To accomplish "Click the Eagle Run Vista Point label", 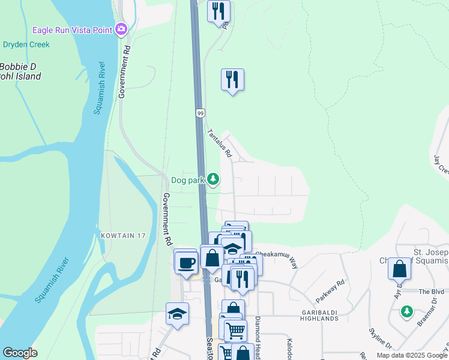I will pyautogui.click(x=73, y=29).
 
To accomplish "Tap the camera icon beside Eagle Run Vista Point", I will pyautogui.click(x=122, y=28).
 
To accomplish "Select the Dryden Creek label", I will pyautogui.click(x=26, y=44).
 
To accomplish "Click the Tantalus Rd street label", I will pyautogui.click(x=219, y=143).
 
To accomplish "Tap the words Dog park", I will pyautogui.click(x=188, y=179).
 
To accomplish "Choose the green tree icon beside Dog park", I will pyautogui.click(x=212, y=179).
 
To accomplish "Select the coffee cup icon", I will pyautogui.click(x=187, y=262).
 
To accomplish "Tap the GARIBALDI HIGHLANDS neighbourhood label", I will pyautogui.click(x=312, y=314).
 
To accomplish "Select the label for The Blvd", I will pyautogui.click(x=430, y=291).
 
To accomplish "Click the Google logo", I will pyautogui.click(x=20, y=353).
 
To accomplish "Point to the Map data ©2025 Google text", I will pyautogui.click(x=412, y=355).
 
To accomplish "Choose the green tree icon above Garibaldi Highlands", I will pyautogui.click(x=407, y=311).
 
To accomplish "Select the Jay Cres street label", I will pyautogui.click(x=440, y=165).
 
